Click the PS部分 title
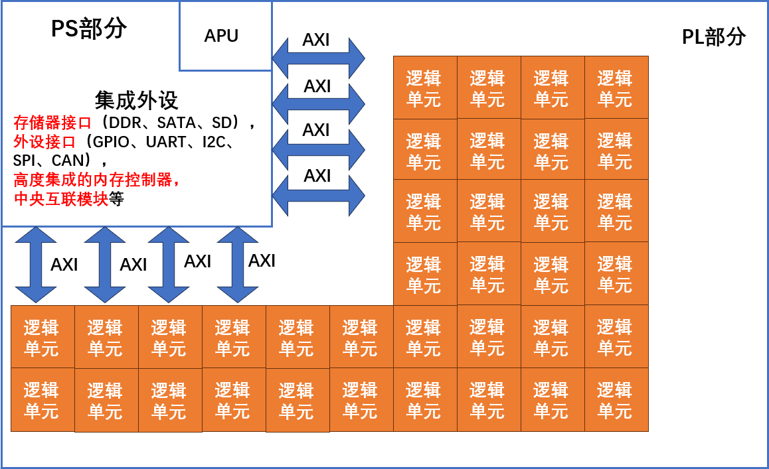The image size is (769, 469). [89, 29]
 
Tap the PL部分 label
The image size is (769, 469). [714, 37]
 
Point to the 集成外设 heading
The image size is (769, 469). [136, 100]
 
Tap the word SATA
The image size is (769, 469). [178, 123]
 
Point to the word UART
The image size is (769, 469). [166, 142]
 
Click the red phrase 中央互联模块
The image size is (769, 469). [60, 199]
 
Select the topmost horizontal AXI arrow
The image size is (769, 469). [318, 56]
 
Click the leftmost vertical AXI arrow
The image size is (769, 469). [36, 265]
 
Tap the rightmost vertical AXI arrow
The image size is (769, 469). [237, 265]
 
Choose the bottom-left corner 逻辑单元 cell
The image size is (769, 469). [43, 400]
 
